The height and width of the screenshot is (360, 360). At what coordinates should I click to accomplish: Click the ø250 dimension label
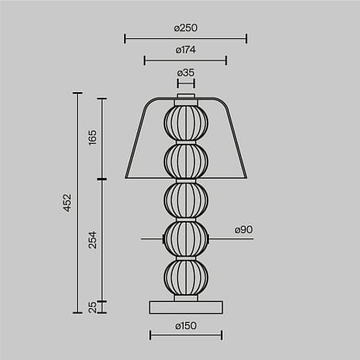[x=186, y=28]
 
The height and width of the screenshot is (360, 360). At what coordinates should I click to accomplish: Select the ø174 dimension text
[x=186, y=50]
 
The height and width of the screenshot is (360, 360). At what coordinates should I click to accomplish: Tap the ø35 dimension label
[x=186, y=72]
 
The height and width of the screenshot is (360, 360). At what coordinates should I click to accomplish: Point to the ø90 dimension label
[x=244, y=230]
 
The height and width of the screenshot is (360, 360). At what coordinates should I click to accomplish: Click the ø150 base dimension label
[x=186, y=325]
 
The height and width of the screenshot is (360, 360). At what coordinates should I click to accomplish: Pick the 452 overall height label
[x=68, y=203]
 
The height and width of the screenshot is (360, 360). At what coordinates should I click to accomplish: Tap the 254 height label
[x=91, y=239]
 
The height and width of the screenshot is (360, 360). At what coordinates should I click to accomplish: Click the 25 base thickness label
[x=91, y=307]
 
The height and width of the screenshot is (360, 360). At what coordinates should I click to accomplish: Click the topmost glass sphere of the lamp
[x=186, y=122]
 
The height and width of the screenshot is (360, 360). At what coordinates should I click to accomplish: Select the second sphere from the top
[x=186, y=161]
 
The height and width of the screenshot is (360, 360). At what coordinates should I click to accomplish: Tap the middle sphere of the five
[x=186, y=199]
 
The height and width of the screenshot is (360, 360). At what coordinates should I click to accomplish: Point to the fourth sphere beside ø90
[x=186, y=238]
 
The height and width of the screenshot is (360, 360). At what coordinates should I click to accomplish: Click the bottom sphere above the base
[x=186, y=277]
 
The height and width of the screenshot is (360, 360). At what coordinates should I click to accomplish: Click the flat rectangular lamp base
[x=186, y=307]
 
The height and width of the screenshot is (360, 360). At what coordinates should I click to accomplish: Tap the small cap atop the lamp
[x=186, y=99]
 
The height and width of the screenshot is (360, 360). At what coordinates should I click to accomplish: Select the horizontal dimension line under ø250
[x=186, y=38]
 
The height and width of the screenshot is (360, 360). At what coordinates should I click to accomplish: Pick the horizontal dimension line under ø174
[x=186, y=60]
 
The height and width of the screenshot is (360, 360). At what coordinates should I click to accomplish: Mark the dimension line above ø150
[x=186, y=335]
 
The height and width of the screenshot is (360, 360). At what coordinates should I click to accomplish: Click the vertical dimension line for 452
[x=78, y=203]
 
